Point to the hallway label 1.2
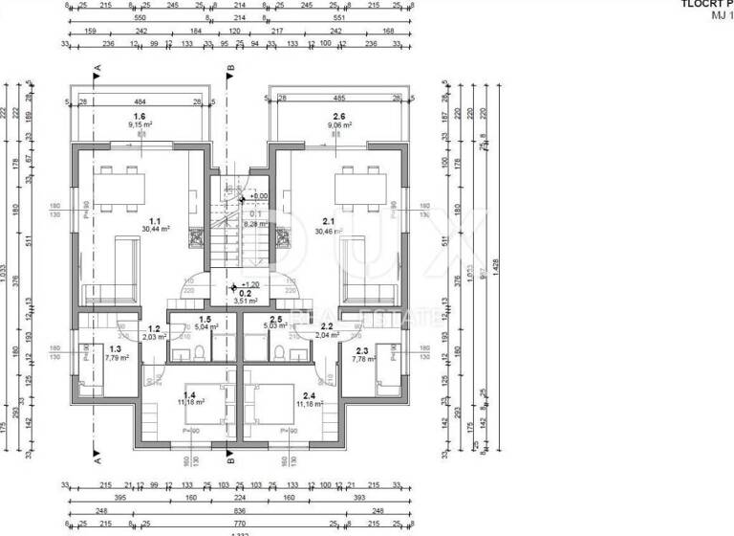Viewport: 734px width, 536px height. [x=153, y=331]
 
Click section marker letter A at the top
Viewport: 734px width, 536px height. [x=97, y=69]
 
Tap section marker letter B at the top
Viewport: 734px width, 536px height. [x=230, y=69]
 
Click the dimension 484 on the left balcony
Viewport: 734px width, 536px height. [x=139, y=101]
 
